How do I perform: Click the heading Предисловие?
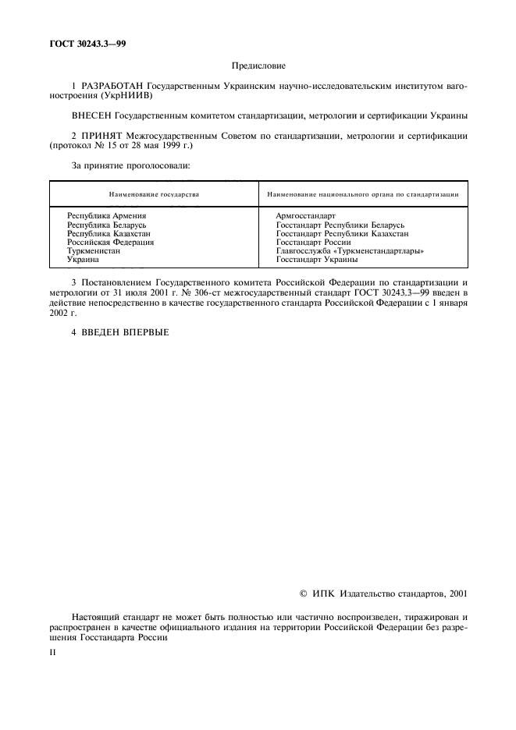pos(258,68)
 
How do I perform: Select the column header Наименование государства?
pos(154,193)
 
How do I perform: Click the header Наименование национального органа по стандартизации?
pos(362,193)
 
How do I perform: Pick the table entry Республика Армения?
pos(107,215)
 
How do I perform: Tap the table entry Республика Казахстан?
pos(109,233)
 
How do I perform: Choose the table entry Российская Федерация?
pos(111,242)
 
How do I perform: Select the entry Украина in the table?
pos(84,260)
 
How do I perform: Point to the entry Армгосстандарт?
pos(306,215)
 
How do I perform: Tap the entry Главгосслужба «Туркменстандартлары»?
pos(351,251)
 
